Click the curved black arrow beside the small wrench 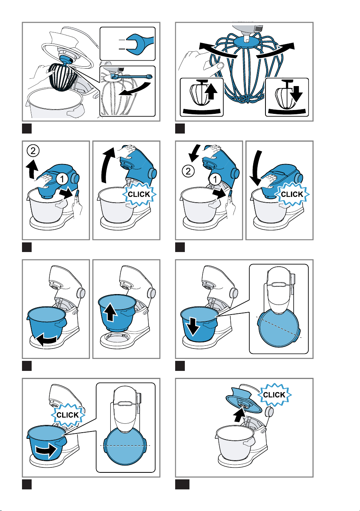click(135, 90)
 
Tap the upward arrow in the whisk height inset click(211, 91)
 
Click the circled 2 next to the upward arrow click(33, 151)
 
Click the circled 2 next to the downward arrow click(188, 171)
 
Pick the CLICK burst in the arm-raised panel click(139, 195)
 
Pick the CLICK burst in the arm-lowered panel click(292, 195)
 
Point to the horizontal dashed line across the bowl click(125, 445)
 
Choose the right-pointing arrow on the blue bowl click(46, 450)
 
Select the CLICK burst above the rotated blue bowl click(68, 415)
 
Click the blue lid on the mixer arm click(244, 401)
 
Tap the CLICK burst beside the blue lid click(274, 395)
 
